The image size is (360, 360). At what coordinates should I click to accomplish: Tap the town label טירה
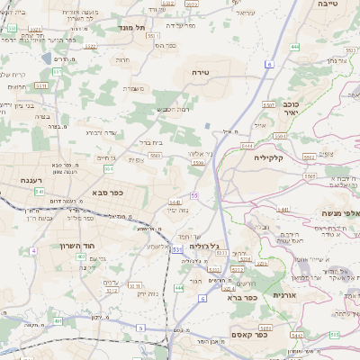[x=200, y=70]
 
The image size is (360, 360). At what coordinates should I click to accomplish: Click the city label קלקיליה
[x=269, y=158]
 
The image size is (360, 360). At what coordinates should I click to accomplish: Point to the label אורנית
[x=284, y=294]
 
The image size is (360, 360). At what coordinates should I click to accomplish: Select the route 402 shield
[x=81, y=256]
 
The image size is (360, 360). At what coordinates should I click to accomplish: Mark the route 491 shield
[x=58, y=319]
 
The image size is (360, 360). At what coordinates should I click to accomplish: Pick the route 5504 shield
[x=281, y=134]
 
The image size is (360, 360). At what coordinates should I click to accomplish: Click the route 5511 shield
[x=40, y=85]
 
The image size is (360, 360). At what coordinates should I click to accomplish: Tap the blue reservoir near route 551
[x=207, y=127]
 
